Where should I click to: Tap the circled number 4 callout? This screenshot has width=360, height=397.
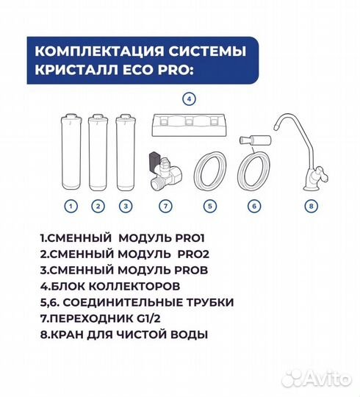(189, 98)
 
